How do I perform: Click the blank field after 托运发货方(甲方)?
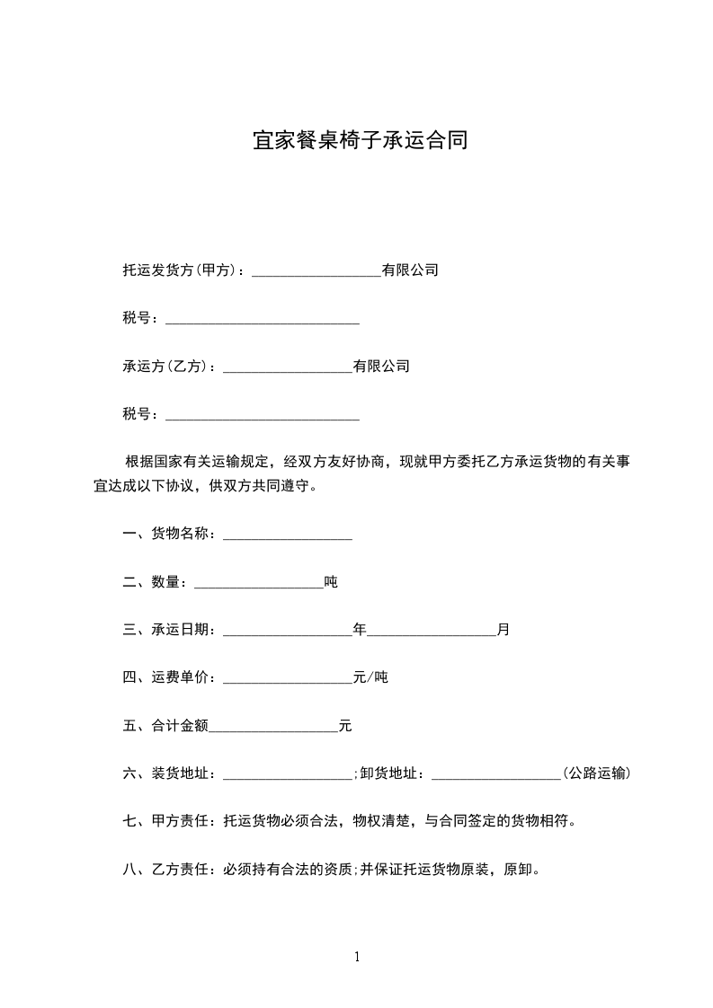316,271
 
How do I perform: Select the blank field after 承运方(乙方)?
287,367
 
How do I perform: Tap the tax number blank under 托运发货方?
263,319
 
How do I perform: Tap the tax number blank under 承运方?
263,416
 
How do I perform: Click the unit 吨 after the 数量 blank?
331,582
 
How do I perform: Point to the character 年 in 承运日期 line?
360,630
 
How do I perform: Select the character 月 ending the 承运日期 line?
504,630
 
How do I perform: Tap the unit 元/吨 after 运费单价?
370,677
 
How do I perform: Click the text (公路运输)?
595,774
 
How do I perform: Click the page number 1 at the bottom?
357,957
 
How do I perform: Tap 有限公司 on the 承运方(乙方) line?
381,367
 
